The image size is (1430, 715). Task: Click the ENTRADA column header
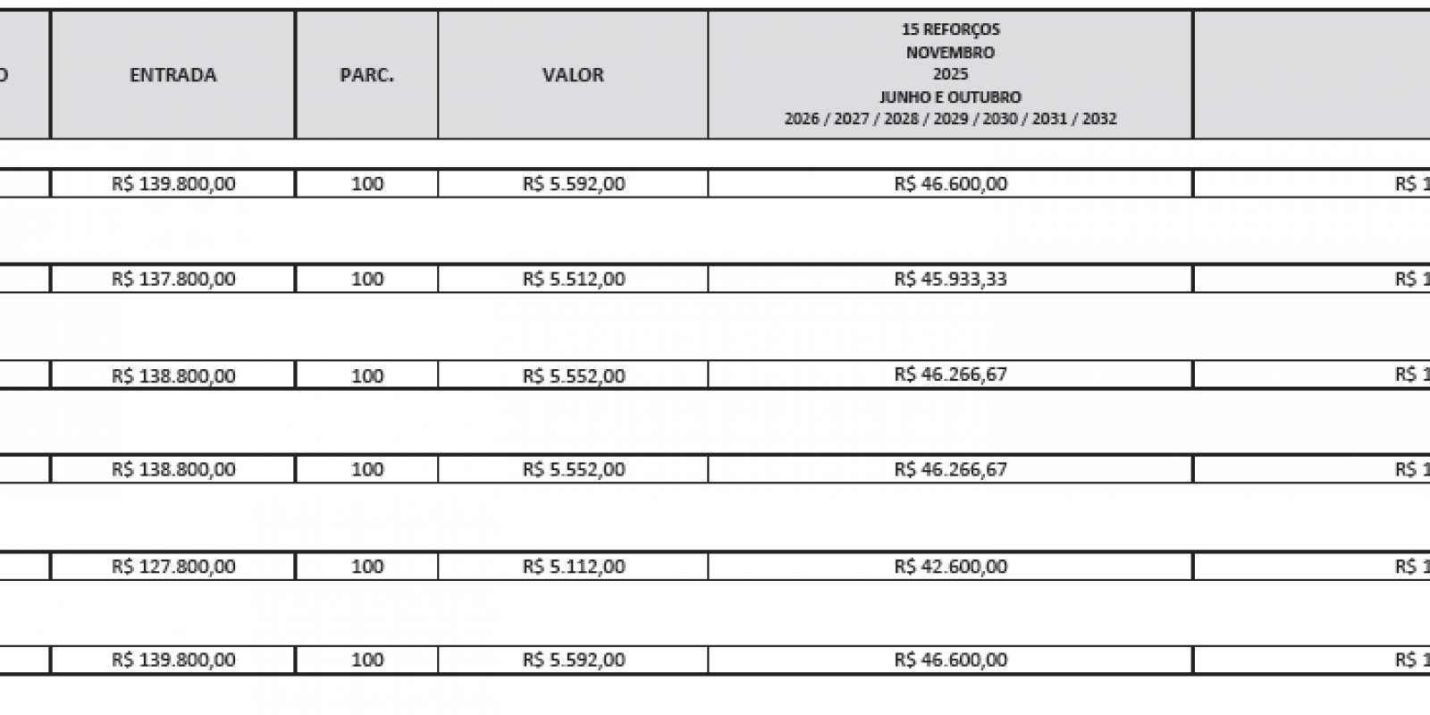[172, 75]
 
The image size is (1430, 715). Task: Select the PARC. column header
[366, 75]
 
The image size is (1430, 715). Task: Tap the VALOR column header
[573, 75]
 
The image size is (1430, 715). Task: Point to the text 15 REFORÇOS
[950, 29]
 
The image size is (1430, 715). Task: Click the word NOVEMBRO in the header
[950, 52]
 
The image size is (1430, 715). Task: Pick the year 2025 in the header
[950, 74]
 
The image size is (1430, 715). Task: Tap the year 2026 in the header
[802, 119]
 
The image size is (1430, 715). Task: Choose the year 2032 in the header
[1099, 119]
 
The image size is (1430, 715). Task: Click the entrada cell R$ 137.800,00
[173, 279]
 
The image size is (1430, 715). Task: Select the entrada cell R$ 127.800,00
[173, 567]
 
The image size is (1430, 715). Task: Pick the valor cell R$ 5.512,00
[574, 279]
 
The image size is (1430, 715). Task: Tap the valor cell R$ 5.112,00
[574, 567]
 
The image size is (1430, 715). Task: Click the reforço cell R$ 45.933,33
[950, 279]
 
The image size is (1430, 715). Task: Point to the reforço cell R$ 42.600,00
[950, 567]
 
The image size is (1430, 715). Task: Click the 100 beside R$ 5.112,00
[366, 567]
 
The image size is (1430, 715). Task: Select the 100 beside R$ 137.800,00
[366, 279]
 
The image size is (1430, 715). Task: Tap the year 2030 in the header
[1000, 119]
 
